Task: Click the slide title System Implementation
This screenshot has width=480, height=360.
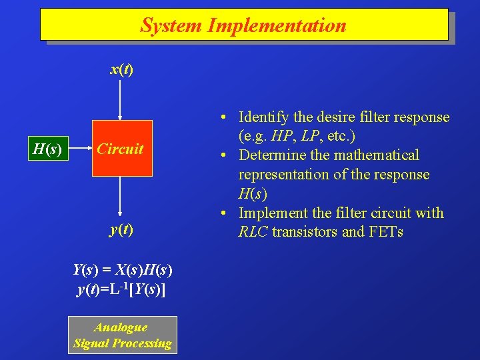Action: coord(243,25)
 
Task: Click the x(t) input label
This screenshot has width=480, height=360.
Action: coord(121,69)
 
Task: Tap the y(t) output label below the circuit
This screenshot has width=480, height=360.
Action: coord(121,229)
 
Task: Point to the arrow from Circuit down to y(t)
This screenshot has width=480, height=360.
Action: coord(120,197)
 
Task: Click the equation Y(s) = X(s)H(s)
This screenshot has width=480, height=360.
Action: coord(122,270)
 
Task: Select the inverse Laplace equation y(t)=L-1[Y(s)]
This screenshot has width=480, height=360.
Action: coord(122,289)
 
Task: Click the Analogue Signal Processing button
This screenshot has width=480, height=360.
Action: coord(123,335)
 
